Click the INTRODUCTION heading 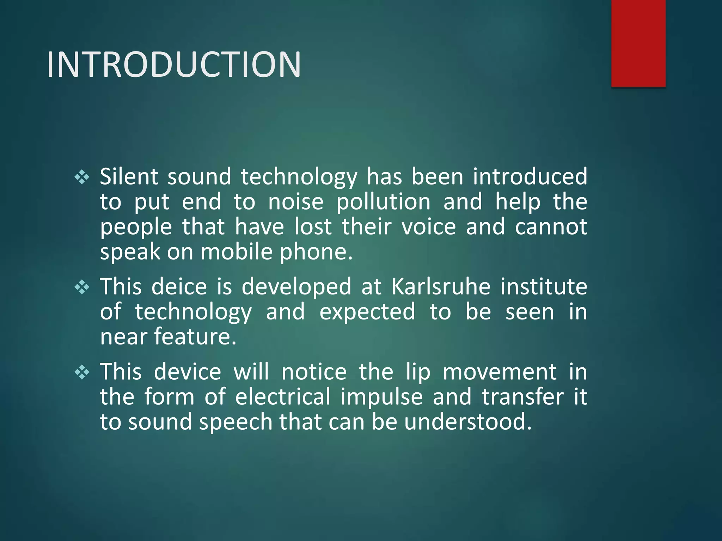click(x=174, y=64)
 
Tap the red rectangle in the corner click(x=638, y=43)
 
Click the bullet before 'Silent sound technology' click(x=82, y=177)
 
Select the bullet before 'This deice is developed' click(x=82, y=287)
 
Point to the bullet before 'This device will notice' click(x=82, y=372)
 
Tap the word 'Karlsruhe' click(x=441, y=286)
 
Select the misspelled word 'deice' click(x=179, y=286)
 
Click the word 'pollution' click(x=383, y=202)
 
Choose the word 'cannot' click(x=551, y=226)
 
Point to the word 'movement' click(x=500, y=372)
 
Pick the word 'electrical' click(x=283, y=397)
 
